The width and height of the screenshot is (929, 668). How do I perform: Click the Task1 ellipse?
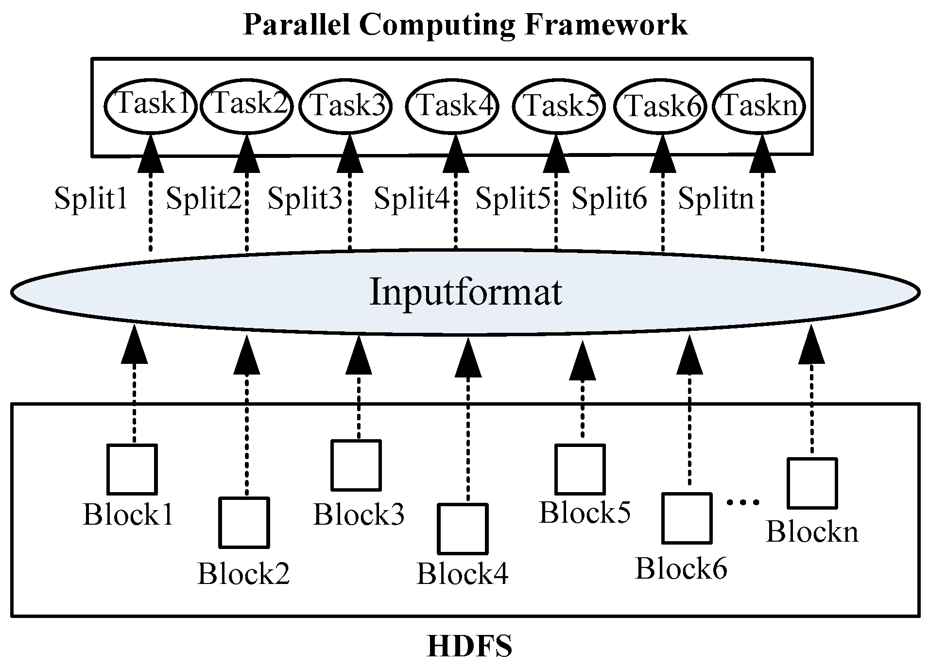pyautogui.click(x=151, y=105)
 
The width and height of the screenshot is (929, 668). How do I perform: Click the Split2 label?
pyautogui.click(x=204, y=199)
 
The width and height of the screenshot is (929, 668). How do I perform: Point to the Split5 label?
pyautogui.click(x=513, y=199)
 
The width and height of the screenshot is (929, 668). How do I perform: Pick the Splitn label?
pyautogui.click(x=715, y=199)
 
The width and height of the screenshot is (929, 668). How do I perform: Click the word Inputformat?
pyautogui.click(x=465, y=292)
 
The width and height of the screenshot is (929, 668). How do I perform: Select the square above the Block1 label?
pyautogui.click(x=132, y=469)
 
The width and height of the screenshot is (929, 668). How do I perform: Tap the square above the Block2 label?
pyautogui.click(x=244, y=522)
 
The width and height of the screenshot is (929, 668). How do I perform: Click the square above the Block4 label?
pyautogui.click(x=462, y=529)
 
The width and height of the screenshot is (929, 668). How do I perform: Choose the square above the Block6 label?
pyautogui.click(x=687, y=518)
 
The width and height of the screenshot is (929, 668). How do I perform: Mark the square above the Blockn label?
pyautogui.click(x=811, y=483)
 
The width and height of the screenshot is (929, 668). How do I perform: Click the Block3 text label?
pyautogui.click(x=359, y=515)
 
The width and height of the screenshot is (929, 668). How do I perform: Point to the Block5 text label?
pyautogui.click(x=585, y=513)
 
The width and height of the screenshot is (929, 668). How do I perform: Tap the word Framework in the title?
pyautogui.click(x=606, y=25)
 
